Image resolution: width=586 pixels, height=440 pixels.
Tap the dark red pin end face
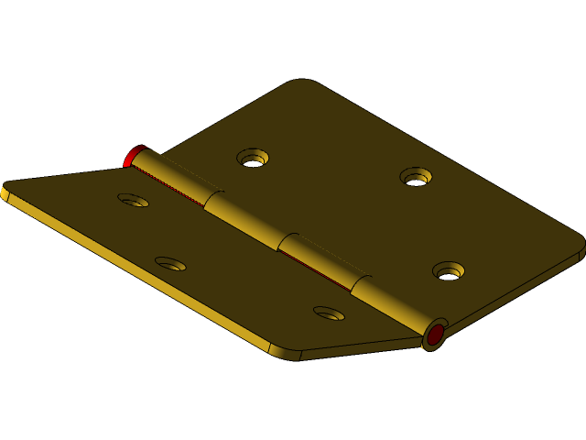point(435,335)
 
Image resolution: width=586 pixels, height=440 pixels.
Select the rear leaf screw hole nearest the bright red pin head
point(253,158)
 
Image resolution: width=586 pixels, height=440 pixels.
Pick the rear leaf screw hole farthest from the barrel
point(416,176)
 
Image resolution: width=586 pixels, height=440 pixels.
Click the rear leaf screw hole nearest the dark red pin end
point(449,270)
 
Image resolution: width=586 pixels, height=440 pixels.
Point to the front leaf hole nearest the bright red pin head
point(134,199)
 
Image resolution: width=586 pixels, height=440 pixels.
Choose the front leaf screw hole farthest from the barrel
point(170,264)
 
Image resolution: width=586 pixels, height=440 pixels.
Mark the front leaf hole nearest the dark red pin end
point(330,313)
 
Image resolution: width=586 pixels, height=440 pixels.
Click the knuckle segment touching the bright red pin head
point(174,179)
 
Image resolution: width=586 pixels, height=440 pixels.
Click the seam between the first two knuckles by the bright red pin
point(210,201)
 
